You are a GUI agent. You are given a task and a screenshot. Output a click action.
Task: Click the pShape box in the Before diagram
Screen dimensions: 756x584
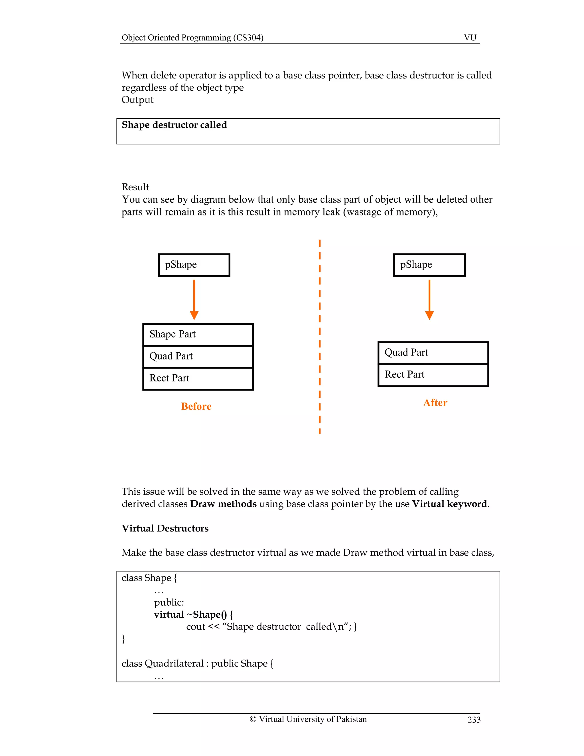pos(194,265)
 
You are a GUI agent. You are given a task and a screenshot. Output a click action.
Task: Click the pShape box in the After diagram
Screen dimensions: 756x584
pos(429,265)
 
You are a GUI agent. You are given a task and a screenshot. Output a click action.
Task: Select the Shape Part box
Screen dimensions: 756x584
pos(198,334)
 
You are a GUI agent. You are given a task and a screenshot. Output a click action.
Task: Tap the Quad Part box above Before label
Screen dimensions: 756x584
pos(198,357)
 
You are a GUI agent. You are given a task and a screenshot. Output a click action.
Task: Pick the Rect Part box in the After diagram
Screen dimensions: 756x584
pos(433,375)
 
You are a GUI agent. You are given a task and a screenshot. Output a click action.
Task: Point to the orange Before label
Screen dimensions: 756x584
pos(196,406)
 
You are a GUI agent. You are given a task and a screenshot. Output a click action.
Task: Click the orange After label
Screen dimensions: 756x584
pos(435,403)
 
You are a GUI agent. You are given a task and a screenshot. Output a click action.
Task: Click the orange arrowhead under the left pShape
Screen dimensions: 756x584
pos(194,315)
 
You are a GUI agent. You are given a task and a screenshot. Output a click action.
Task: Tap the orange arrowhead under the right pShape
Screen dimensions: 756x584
pos(429,315)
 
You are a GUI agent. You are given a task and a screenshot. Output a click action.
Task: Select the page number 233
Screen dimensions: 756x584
pos(474,720)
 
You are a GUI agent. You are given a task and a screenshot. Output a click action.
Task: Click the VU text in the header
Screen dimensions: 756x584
pos(470,37)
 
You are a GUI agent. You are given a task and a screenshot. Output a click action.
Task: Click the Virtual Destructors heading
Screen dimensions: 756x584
pos(165,528)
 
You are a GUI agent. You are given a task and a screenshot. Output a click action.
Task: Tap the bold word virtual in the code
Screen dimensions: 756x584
pos(169,614)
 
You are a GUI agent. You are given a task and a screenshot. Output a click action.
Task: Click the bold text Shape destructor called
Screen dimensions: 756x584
pos(174,125)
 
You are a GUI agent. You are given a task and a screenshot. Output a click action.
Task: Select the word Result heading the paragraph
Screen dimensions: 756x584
pos(135,187)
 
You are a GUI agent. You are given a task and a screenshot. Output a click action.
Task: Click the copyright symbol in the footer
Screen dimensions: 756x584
pos(253,719)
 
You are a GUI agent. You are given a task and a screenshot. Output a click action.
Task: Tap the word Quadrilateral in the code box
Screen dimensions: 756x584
pos(174,663)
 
